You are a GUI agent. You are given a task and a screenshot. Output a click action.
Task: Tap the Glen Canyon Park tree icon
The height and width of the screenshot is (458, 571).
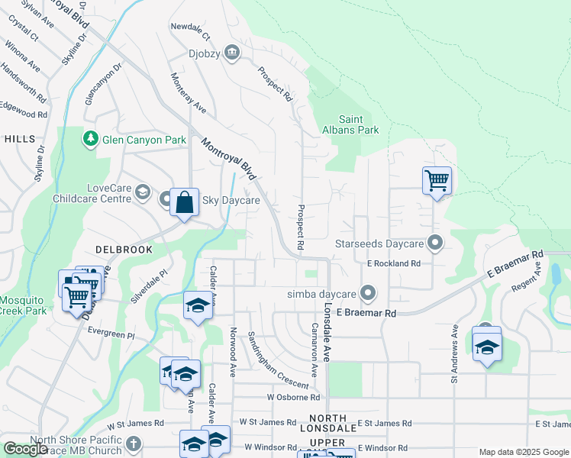point(91,139)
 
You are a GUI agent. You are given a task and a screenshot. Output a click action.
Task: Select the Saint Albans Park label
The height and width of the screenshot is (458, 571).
point(359,124)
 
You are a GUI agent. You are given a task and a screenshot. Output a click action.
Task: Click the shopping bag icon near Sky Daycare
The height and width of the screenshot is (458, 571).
point(184,203)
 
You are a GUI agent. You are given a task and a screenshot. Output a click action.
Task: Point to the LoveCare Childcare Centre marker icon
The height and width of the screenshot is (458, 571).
point(142,191)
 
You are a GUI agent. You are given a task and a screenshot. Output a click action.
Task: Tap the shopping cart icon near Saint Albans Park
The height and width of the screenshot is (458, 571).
point(437,181)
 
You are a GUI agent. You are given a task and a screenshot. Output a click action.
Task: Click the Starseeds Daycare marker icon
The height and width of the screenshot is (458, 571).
point(435,244)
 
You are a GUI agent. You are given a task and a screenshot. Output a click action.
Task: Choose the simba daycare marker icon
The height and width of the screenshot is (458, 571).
point(368,293)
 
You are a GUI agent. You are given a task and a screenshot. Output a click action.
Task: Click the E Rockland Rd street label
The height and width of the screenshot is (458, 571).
point(393,263)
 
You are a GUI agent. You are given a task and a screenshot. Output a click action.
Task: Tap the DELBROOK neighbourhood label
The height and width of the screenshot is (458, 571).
point(124,250)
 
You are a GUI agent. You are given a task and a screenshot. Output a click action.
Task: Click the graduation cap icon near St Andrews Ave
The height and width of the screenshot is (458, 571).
point(486,347)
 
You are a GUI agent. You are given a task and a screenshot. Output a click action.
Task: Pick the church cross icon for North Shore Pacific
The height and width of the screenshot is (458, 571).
point(133,443)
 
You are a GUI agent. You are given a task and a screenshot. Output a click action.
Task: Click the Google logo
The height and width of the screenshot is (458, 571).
point(25,449)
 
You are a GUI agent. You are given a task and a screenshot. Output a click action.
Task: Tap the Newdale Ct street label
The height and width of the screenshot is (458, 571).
point(190,37)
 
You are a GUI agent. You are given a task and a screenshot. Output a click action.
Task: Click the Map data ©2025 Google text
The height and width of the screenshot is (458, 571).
point(523,453)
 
